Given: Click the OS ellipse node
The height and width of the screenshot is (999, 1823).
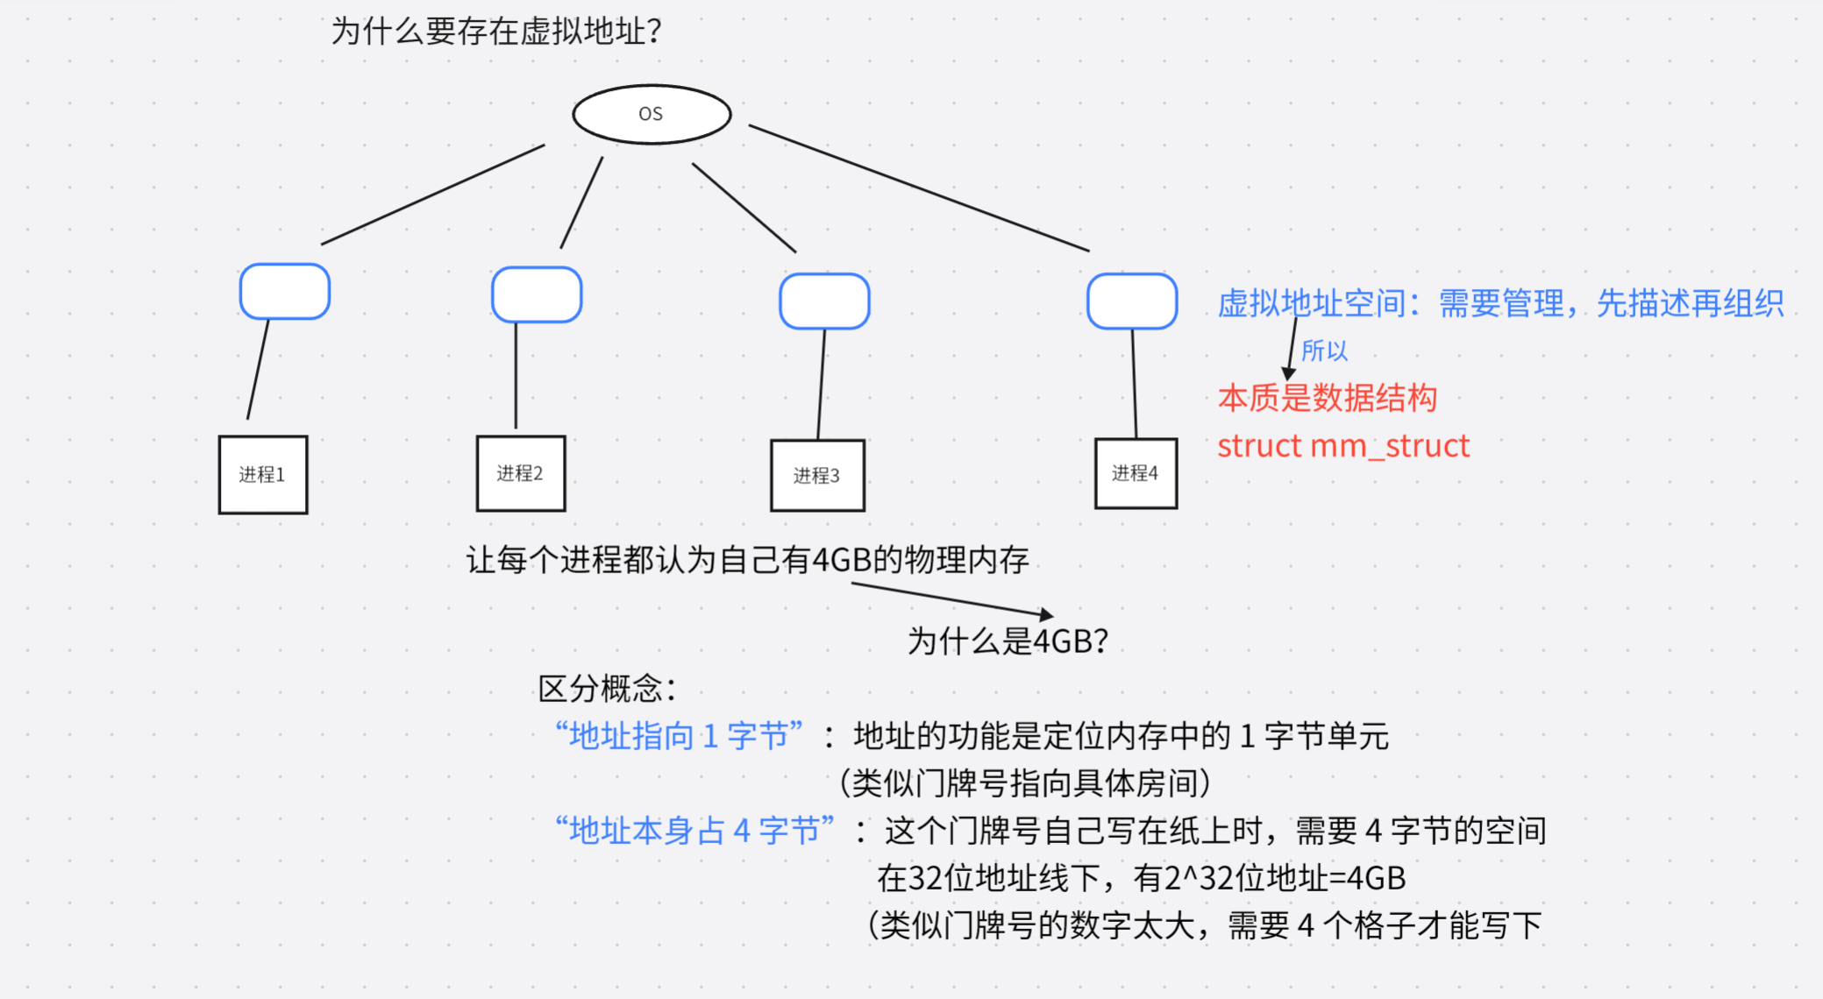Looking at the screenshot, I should [652, 114].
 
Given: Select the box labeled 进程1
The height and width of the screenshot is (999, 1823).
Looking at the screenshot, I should [262, 474].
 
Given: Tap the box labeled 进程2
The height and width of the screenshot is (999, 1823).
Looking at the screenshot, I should [520, 473].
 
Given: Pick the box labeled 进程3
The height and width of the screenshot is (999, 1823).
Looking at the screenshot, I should [816, 475].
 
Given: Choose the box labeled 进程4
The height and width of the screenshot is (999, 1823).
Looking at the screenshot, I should [1135, 473].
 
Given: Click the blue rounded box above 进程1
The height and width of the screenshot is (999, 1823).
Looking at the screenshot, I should [284, 291].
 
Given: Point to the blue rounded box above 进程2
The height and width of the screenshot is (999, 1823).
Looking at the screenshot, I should [536, 294].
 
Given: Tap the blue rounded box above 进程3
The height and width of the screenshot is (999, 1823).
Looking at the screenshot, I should [823, 301].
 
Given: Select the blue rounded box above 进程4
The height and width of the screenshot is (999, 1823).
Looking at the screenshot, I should [1131, 301].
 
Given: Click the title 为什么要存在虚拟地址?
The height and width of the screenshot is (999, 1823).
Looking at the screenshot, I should [495, 32].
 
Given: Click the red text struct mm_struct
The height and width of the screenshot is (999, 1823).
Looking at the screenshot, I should [1342, 446].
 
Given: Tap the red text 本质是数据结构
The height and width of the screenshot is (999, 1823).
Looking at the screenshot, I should [1327, 398].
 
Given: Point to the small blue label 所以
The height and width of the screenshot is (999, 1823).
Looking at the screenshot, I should [1324, 351].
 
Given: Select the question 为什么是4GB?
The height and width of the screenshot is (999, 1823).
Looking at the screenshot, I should [1008, 641].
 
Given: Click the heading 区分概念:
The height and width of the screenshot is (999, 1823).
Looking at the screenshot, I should [607, 689].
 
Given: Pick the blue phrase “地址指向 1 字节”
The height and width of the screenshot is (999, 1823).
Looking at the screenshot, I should [679, 735].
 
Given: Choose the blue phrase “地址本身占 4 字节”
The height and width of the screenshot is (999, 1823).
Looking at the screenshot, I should [694, 830].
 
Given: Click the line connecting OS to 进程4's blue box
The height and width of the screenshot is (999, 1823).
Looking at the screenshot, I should [919, 188].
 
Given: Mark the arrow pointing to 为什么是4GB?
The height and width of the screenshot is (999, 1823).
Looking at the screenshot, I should [951, 599].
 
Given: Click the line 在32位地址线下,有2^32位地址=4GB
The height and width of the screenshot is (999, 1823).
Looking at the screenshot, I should [1141, 877].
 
